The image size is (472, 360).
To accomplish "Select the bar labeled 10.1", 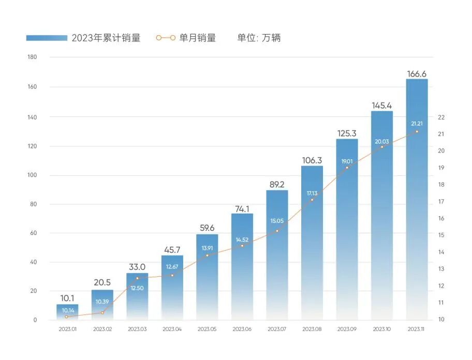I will coord(67,312).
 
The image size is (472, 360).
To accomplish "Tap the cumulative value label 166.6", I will coord(417,74).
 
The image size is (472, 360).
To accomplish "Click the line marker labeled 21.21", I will coord(417,131).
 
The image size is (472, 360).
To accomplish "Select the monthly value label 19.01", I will coord(347,161).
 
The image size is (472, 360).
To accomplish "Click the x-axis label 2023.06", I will coord(242,329).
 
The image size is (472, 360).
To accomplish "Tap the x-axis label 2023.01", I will coord(67,329).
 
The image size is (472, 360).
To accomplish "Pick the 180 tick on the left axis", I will coord(32,57).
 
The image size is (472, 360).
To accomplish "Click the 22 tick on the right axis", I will coord(441,117).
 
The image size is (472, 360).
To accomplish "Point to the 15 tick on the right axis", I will coord(441,235).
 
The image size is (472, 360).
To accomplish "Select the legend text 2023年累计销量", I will coord(106,38).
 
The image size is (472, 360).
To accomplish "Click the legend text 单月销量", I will coord(197,38).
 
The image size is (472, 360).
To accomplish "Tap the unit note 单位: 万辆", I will coord(259,38).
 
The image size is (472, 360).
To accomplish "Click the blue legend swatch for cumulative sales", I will coord(47,38).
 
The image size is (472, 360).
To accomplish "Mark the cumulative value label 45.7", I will coord(172,250).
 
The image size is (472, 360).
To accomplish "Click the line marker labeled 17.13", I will coord(312,200).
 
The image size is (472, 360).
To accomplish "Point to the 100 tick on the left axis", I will coord(32,176).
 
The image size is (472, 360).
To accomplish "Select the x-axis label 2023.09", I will coord(347,329).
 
